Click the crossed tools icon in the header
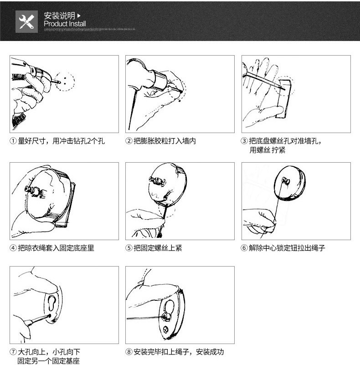[x=26, y=21]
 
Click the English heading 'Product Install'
[x=65, y=24]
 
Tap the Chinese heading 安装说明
[x=60, y=16]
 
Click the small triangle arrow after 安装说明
[x=79, y=16]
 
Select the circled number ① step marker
[x=13, y=141]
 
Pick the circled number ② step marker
[x=129, y=141]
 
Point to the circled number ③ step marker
[x=244, y=141]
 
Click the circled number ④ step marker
[x=13, y=248]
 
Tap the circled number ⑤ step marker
[x=129, y=248]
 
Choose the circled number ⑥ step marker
[x=244, y=248]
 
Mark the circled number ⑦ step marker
[x=13, y=352]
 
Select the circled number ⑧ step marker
[x=129, y=352]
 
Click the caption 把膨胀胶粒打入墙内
[x=165, y=141]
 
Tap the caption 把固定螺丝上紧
[x=158, y=248]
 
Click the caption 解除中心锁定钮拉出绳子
[x=287, y=248]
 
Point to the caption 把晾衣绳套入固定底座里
[x=56, y=248]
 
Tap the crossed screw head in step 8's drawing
[x=165, y=330]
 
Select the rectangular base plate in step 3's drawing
[x=284, y=98]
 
